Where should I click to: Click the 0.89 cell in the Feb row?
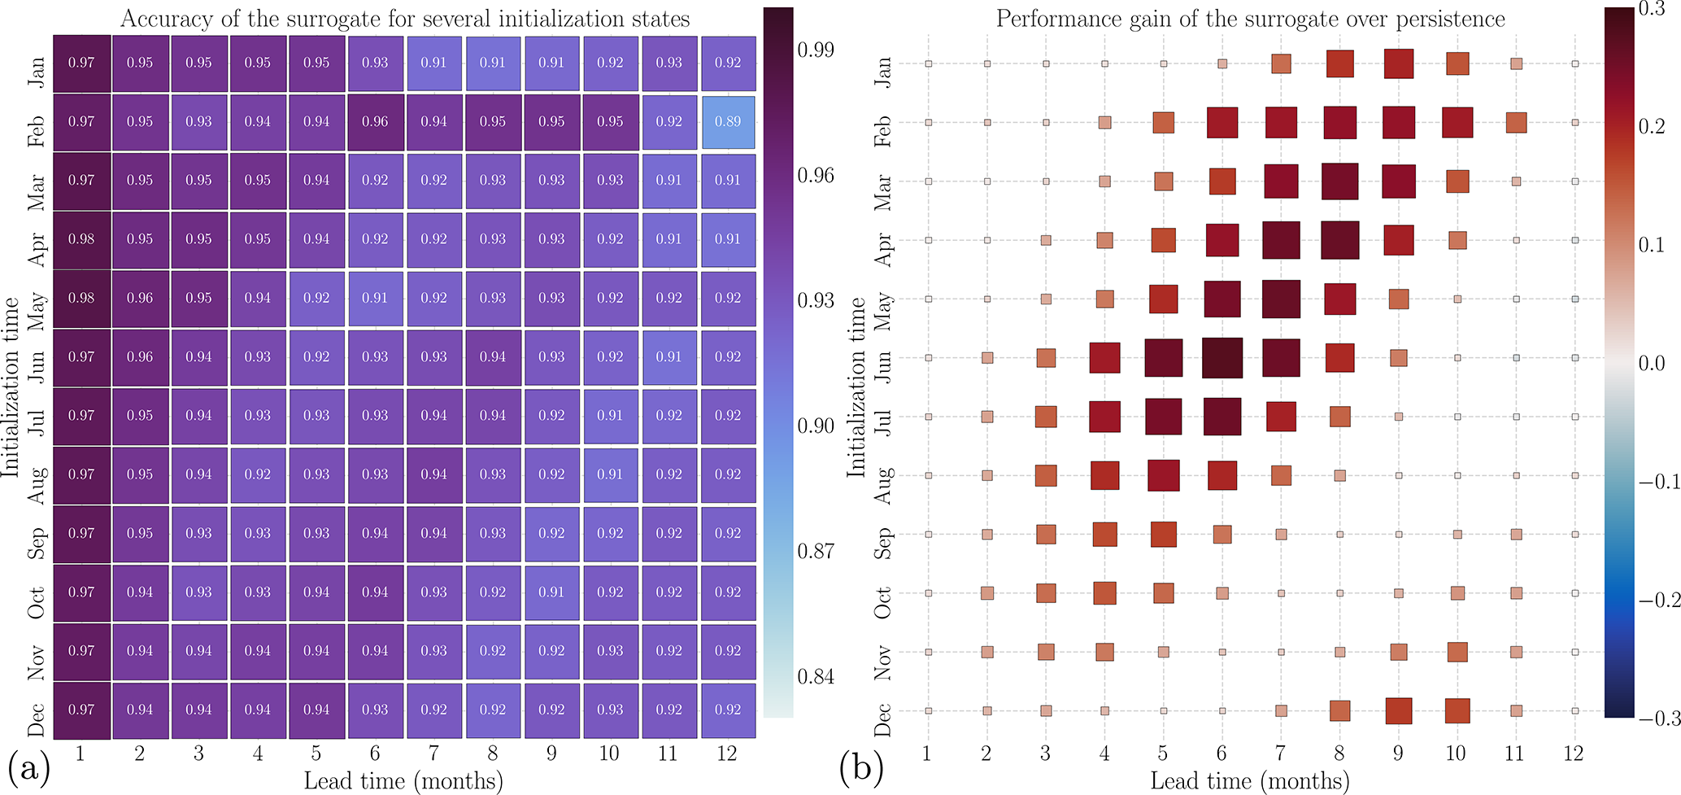727,122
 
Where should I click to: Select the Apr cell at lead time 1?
81,239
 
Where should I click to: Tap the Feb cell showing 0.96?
375,122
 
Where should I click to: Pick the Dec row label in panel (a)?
37,710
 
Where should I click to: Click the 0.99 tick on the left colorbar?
816,50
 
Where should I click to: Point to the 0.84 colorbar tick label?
816,677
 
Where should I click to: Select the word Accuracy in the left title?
168,19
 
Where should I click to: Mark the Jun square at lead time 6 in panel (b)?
1222,358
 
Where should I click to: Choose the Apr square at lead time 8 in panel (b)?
1339,240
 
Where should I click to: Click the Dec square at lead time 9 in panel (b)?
1398,710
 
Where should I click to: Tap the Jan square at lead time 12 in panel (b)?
1575,63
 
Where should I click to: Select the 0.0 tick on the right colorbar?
1651,363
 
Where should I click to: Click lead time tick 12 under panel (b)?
1574,754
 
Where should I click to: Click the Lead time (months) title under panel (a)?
403,781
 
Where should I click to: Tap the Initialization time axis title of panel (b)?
856,387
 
